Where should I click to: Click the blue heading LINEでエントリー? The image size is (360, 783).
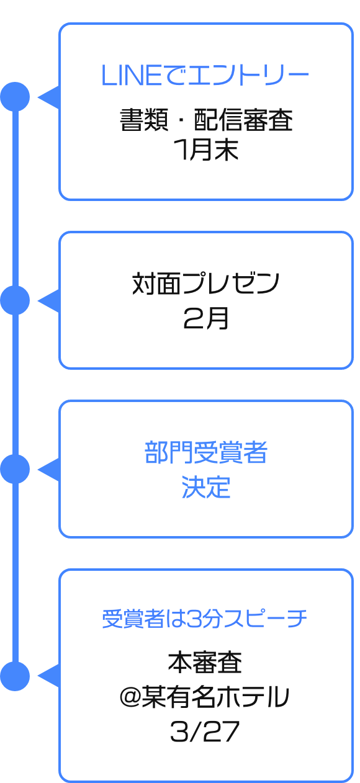[205, 75]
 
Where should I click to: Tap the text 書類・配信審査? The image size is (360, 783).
[206, 120]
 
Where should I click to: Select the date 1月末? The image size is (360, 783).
[206, 150]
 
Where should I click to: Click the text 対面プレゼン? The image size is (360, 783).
[206, 284]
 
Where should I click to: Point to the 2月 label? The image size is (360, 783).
[206, 318]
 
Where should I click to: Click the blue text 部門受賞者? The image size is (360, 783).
[206, 452]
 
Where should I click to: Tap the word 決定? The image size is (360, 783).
[206, 487]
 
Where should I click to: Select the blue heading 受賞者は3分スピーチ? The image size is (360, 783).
[205, 619]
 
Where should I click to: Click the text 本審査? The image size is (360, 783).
[205, 663]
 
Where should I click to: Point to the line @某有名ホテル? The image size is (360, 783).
[205, 697]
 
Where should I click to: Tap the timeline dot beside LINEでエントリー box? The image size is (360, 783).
[15, 97]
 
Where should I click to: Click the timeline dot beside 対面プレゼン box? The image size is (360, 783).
[15, 300]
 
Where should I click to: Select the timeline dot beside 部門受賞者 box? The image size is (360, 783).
[15, 470]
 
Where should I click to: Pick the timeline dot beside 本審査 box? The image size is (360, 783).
[15, 676]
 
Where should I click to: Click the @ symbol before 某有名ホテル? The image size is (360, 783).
[130, 697]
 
